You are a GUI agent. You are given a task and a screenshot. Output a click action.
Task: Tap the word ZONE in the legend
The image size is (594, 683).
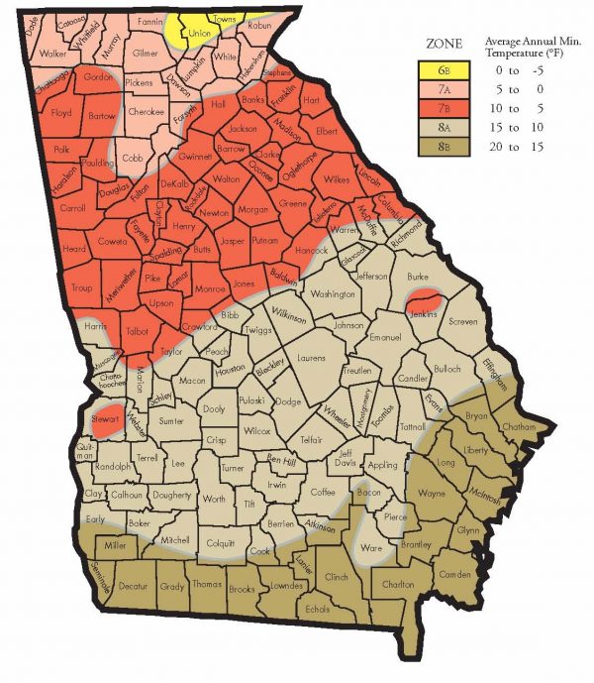tap(445, 45)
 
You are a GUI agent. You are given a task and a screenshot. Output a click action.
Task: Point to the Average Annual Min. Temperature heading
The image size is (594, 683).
tap(536, 51)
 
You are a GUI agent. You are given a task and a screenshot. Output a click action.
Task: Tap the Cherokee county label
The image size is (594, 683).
tap(147, 112)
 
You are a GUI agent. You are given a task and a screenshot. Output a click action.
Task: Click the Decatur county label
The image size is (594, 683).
tap(132, 586)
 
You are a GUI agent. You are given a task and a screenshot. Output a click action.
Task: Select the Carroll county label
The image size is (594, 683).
tap(72, 209)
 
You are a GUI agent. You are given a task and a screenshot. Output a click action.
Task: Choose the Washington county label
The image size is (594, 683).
tap(332, 294)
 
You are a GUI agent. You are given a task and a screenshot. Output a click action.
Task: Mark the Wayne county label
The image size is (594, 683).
tap(431, 493)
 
